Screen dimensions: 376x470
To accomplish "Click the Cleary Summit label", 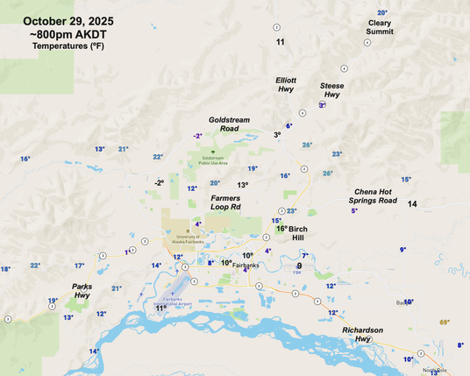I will [380, 27].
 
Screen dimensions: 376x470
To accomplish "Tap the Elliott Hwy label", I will [286, 85].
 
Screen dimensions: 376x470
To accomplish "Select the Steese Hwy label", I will [332, 90].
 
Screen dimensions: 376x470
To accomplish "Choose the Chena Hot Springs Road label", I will [375, 195].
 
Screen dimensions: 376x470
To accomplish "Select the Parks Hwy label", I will [82, 291].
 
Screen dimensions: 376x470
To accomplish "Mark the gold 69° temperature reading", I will [445, 323].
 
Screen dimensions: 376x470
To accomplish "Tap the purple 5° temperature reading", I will [354, 211].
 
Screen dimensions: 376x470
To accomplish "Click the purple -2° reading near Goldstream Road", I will [198, 136].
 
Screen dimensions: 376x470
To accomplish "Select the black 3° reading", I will [277, 135].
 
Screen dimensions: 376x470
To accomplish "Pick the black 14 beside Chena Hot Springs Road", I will [412, 203].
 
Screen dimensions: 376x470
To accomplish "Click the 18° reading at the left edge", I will [5, 269].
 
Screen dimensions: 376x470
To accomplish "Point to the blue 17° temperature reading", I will [80, 266].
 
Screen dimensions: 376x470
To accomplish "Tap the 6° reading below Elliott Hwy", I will [288, 126].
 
